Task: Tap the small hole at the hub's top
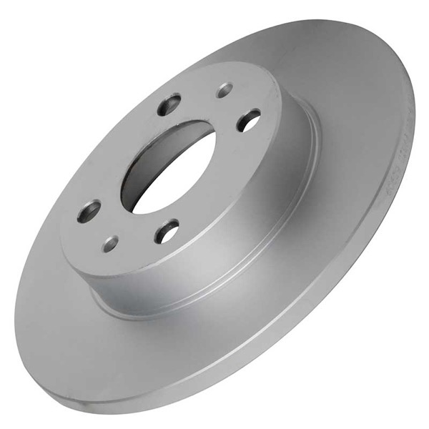coord(225,90)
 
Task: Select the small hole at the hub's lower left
coord(110,243)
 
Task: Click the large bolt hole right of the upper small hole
coord(249,120)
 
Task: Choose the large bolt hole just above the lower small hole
coord(90,211)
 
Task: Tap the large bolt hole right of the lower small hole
coord(167,230)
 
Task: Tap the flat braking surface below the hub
coord(179,343)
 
